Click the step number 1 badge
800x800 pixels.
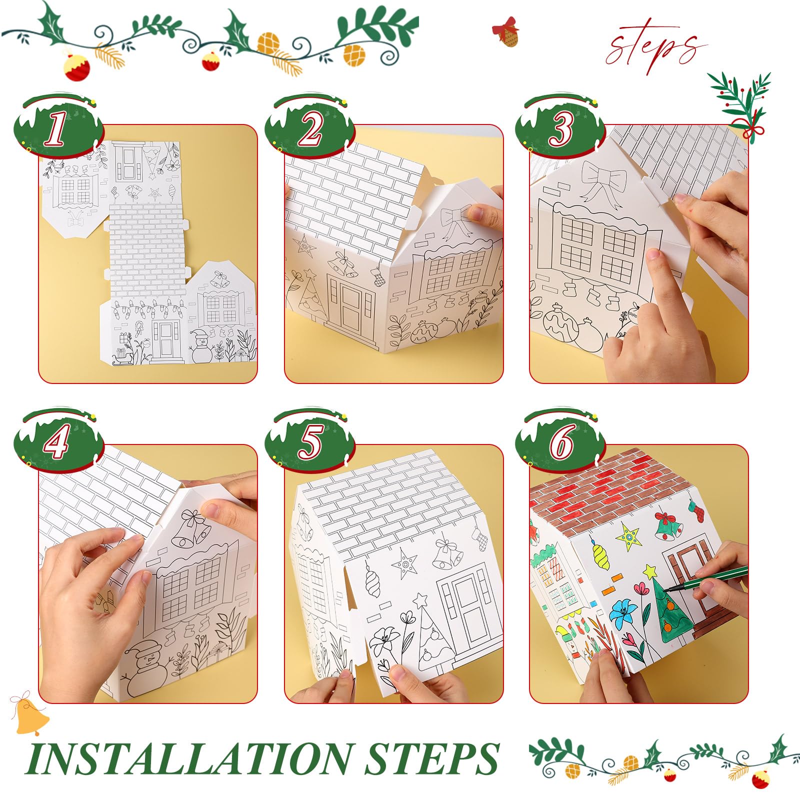click(x=56, y=129)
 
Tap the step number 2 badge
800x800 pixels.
click(x=310, y=129)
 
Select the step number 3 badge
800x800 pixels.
click(x=560, y=129)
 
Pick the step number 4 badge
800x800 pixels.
click(x=56, y=443)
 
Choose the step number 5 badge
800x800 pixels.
click(x=310, y=443)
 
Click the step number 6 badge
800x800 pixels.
click(x=560, y=443)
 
